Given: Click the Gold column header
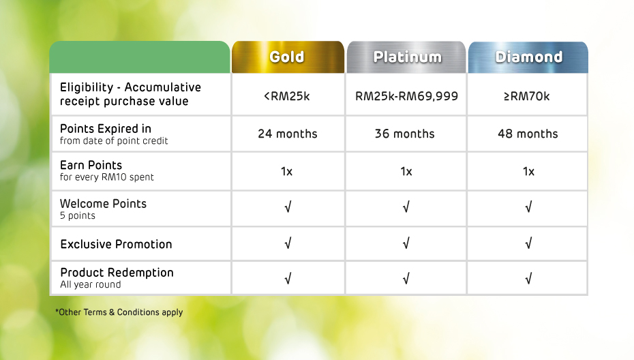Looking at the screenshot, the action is point(287,57).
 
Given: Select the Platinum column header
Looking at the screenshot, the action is point(407,57).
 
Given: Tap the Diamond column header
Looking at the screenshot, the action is point(528,57).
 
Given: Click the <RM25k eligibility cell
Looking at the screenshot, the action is point(287,96).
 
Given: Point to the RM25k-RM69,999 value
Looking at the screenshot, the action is point(406,96).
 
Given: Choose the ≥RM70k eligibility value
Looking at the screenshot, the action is point(527,96).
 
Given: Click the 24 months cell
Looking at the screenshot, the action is point(288,134).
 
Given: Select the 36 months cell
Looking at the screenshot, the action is point(405,134).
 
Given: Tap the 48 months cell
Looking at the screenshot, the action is point(528,134).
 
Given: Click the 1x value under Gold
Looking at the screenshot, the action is point(287,172).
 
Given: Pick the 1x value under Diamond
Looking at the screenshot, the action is point(528,172).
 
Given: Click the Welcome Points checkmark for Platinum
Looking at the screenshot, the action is point(406,207).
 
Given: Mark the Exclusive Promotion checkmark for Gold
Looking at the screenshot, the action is point(288,243).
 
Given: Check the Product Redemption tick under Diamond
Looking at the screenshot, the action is point(528,278).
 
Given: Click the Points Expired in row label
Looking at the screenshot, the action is point(106,129).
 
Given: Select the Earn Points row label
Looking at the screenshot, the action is point(91,165).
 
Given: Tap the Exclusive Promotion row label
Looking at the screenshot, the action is point(116,244).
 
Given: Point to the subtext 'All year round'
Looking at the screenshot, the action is point(91,285).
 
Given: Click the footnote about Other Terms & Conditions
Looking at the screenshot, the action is point(119,312).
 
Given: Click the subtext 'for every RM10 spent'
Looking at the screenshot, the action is point(107,177).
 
